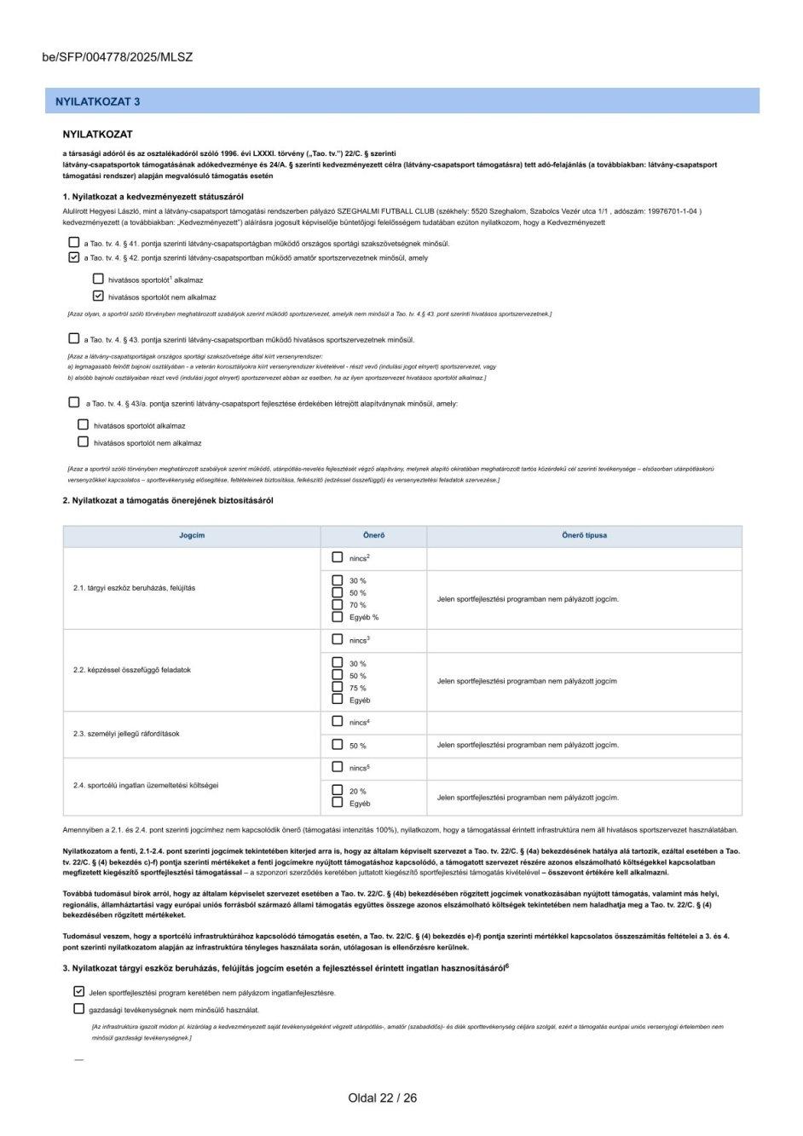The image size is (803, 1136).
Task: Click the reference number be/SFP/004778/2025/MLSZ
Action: [x=118, y=58]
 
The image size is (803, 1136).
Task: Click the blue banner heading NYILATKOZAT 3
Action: [x=98, y=101]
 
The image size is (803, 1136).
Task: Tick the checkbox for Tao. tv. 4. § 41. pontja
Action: [x=74, y=243]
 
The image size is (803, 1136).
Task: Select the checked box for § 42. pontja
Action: [x=74, y=257]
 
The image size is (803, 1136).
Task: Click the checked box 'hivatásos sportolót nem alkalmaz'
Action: [x=98, y=297]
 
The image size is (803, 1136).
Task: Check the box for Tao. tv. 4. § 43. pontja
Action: [x=74, y=338]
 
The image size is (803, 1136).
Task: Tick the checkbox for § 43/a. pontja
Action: [x=74, y=402]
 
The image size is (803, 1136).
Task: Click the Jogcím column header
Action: [x=192, y=535]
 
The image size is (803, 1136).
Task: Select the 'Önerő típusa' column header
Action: [x=584, y=535]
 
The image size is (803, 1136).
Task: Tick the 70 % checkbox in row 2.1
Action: [x=338, y=604]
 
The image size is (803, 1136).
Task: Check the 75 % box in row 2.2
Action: [x=338, y=687]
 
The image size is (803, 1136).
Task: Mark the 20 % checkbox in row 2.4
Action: [x=338, y=790]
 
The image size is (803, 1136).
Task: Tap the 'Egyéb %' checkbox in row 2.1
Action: [x=338, y=616]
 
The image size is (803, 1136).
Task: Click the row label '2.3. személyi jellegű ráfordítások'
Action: [x=126, y=734]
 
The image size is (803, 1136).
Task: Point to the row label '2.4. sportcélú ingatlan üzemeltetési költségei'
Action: [x=146, y=785]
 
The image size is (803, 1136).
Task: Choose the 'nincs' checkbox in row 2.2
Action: [x=338, y=639]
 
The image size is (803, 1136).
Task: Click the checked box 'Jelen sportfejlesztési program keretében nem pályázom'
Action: [x=79, y=992]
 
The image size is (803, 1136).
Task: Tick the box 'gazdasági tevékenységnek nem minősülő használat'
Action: [x=79, y=1009]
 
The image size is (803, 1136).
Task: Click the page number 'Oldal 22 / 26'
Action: [x=382, y=1098]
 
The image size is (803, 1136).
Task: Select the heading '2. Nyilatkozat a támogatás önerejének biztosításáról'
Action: [x=168, y=500]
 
